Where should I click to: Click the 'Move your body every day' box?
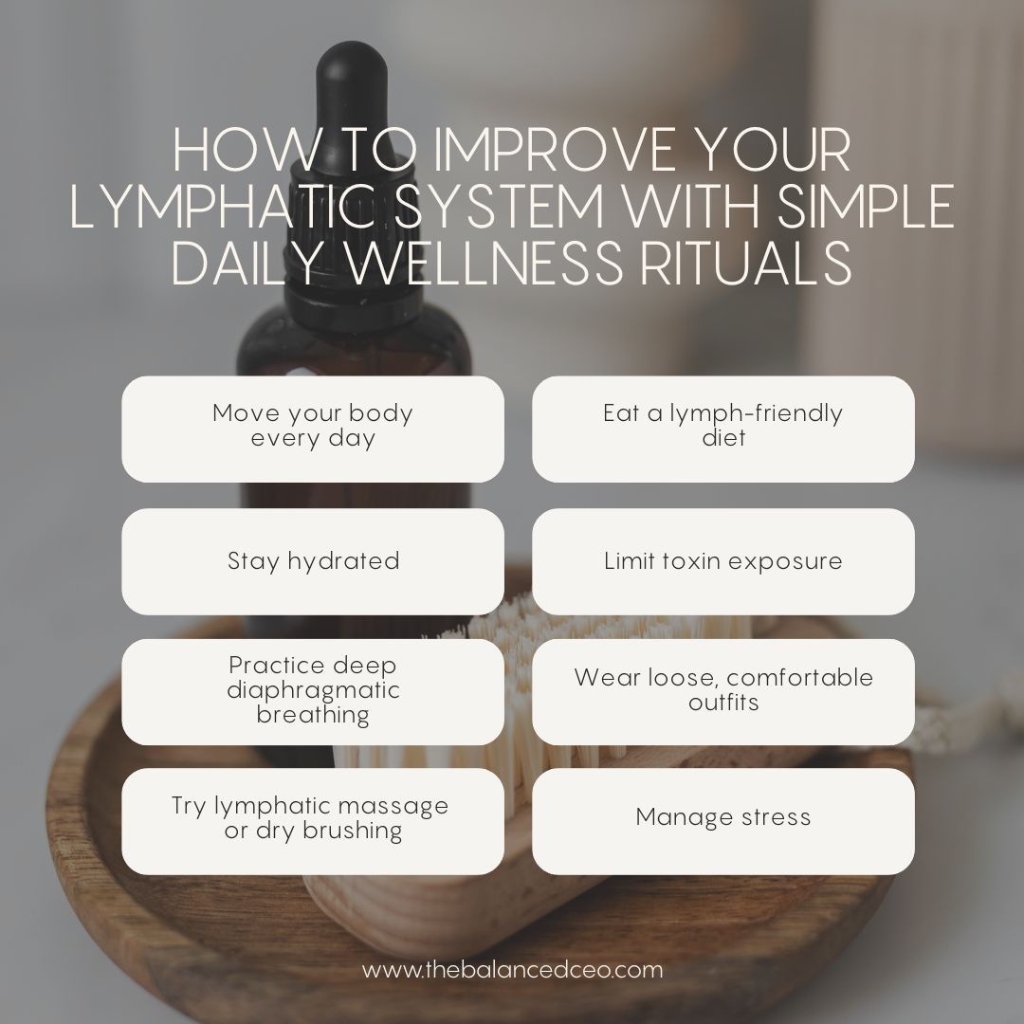pos(313,428)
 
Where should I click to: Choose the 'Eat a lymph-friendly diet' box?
pos(722,428)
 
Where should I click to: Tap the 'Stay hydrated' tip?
pos(313,560)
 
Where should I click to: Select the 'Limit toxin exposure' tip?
pos(722,560)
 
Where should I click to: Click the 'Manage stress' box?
pos(722,817)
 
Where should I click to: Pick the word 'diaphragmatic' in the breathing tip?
pos(313,690)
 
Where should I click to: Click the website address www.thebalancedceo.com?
pos(512,970)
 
